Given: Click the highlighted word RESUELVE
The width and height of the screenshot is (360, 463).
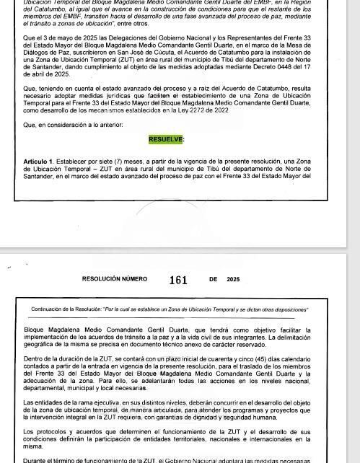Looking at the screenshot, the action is [x=166, y=139].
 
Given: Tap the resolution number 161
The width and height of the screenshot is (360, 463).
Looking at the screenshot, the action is [x=178, y=280].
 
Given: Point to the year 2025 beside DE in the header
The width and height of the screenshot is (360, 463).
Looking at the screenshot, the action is [x=233, y=279].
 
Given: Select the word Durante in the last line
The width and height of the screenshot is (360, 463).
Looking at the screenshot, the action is [x=37, y=459].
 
